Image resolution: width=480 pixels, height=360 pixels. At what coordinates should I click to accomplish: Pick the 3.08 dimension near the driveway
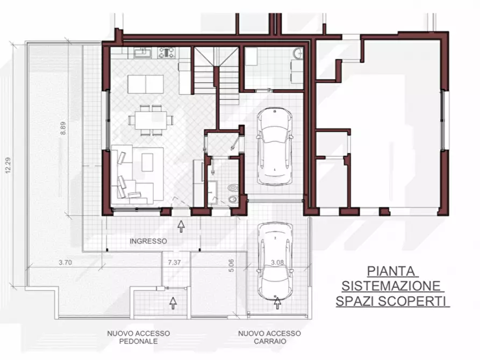click(277, 263)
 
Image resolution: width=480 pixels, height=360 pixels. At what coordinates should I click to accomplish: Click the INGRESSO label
click(148, 241)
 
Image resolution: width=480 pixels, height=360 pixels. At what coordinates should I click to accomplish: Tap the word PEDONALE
click(139, 341)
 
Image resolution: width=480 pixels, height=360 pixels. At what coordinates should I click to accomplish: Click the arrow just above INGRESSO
click(181, 226)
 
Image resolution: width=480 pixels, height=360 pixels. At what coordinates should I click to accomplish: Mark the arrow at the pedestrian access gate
click(173, 303)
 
